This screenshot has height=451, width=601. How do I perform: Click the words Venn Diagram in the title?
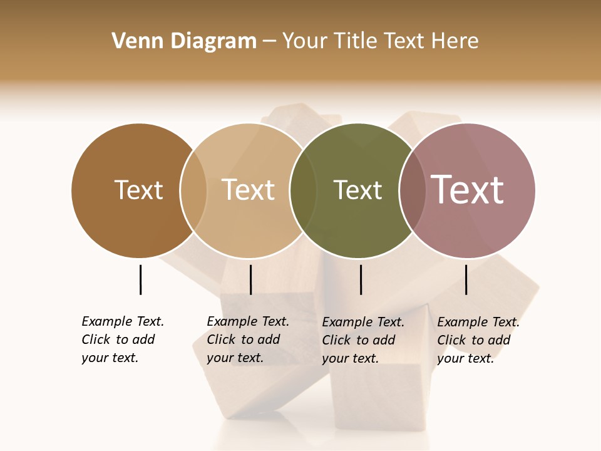184,41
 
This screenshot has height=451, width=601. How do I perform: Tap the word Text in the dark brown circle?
138,190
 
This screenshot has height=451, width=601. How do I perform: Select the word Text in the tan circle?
249,190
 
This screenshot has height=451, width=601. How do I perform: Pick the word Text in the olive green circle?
357,190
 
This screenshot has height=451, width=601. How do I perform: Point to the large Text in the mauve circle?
468,190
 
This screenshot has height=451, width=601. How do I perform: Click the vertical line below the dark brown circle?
140,279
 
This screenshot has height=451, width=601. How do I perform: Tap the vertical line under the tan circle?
250,279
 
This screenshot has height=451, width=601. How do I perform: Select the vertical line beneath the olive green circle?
361,279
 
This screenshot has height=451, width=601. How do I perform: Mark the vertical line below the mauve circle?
466,279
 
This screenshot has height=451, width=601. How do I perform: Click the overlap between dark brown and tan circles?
193,190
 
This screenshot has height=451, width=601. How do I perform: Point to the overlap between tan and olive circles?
303,190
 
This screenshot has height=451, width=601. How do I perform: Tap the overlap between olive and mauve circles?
411,190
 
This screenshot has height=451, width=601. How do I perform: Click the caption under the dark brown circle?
123,340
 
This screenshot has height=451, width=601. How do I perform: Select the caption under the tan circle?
248,340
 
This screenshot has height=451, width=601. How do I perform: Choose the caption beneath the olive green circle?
363,340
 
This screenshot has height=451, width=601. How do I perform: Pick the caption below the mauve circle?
478,340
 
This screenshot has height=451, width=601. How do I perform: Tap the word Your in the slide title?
306,41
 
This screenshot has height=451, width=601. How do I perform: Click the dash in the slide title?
269,41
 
